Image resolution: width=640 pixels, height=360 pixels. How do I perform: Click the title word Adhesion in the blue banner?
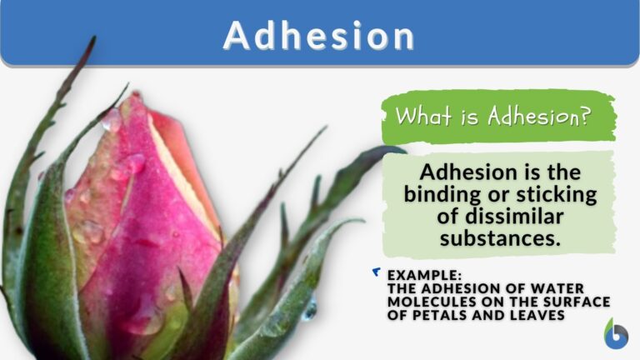click(319, 35)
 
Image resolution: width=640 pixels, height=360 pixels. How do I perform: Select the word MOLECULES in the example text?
click(425, 301)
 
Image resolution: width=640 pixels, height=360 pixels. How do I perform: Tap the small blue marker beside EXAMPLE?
click(377, 272)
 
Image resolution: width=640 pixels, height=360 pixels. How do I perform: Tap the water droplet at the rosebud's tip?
click(111, 122)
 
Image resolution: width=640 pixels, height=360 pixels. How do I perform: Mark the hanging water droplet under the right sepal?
click(309, 309)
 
